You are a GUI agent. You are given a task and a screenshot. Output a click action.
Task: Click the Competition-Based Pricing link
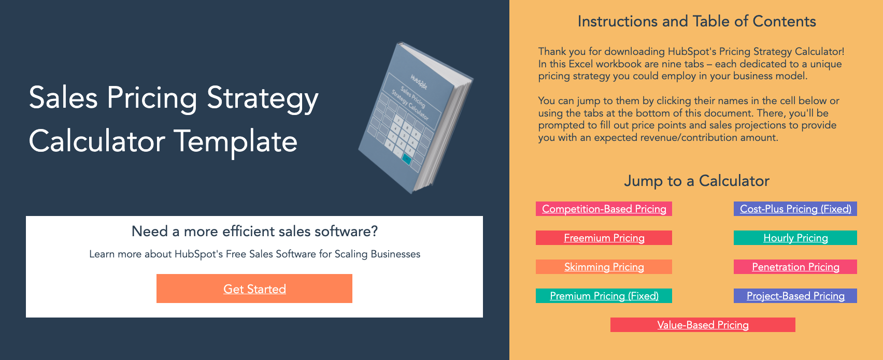[604, 209]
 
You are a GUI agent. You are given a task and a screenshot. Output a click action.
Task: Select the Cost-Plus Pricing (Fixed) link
[795, 209]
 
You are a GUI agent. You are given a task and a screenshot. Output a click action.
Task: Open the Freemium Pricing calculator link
[604, 238]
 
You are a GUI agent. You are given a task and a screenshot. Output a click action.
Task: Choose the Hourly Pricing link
[795, 238]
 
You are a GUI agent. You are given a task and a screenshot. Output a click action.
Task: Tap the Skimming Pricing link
[604, 267]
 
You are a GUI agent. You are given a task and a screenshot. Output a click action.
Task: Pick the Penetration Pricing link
[795, 267]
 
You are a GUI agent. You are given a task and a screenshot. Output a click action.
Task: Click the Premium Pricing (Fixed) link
[604, 296]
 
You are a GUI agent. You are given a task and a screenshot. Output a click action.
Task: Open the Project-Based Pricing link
[795, 296]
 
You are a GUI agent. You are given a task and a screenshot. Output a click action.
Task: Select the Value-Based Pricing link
[703, 325]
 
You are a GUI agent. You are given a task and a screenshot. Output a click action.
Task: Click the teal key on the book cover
[406, 160]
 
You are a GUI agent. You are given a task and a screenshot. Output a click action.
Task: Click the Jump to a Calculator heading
[696, 181]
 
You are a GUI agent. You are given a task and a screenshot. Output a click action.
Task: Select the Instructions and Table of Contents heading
[696, 21]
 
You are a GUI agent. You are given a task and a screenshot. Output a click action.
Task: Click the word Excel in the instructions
[581, 64]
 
